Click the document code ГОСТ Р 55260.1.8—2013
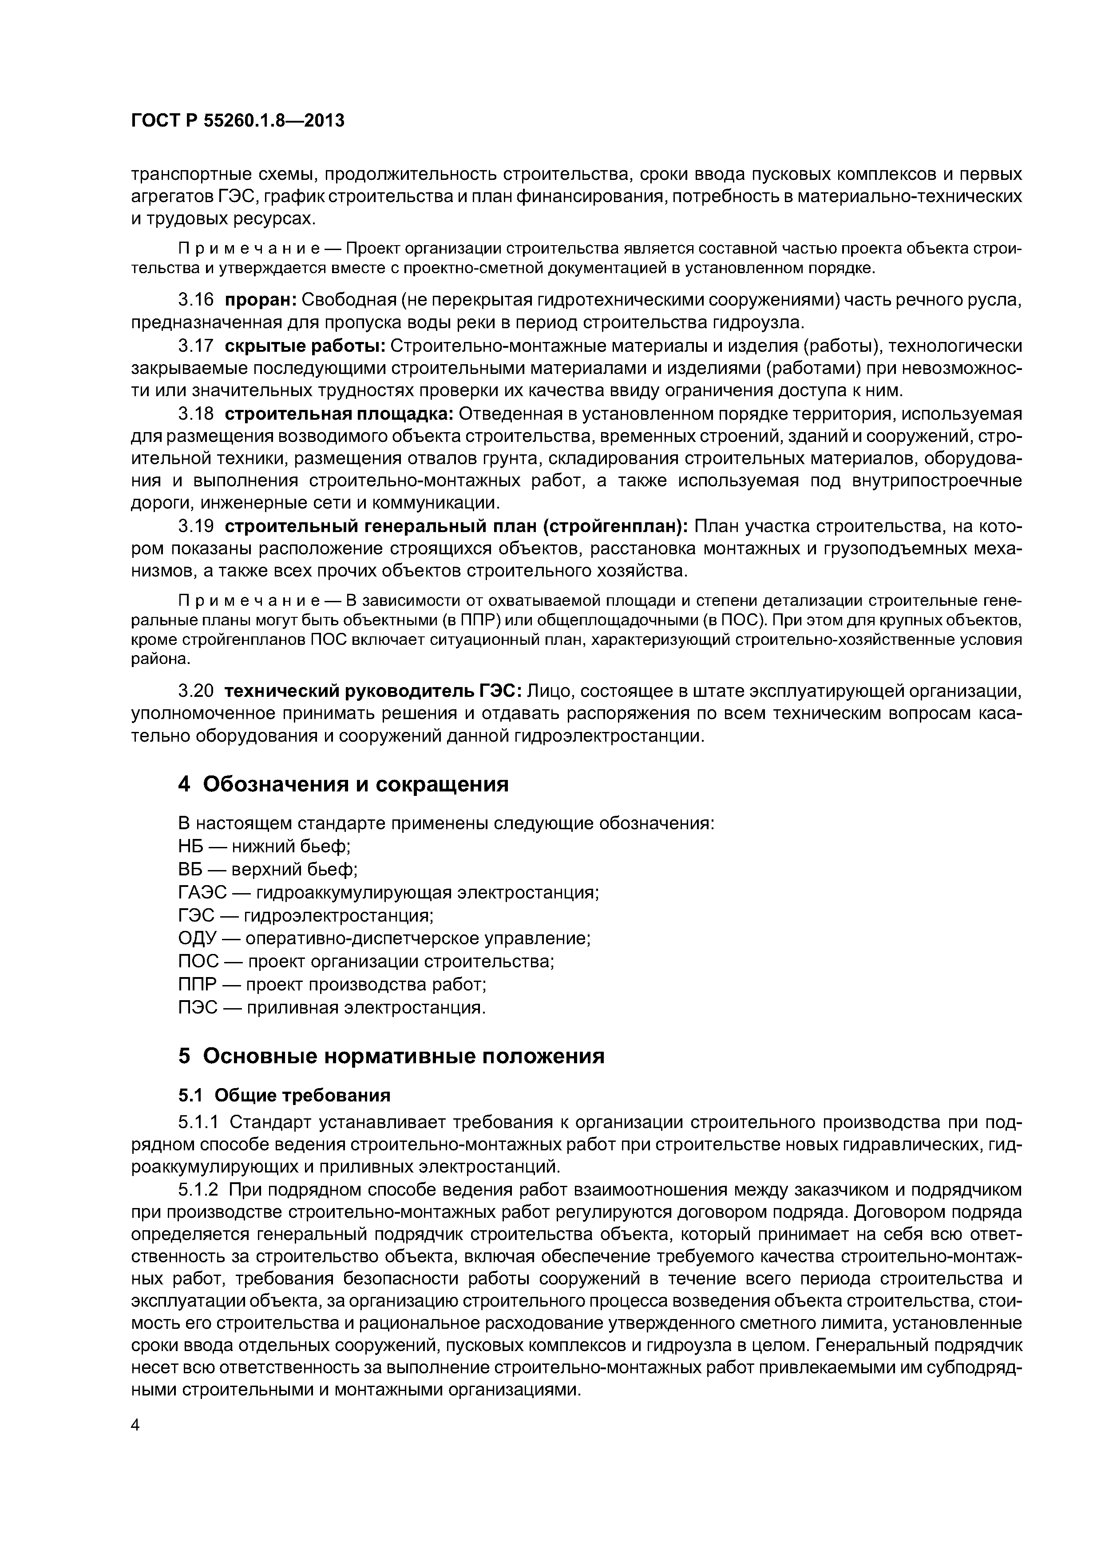tap(238, 121)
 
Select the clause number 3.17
tap(195, 346)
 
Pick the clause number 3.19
tap(195, 526)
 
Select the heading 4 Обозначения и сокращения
tap(343, 784)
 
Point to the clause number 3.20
tap(195, 691)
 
